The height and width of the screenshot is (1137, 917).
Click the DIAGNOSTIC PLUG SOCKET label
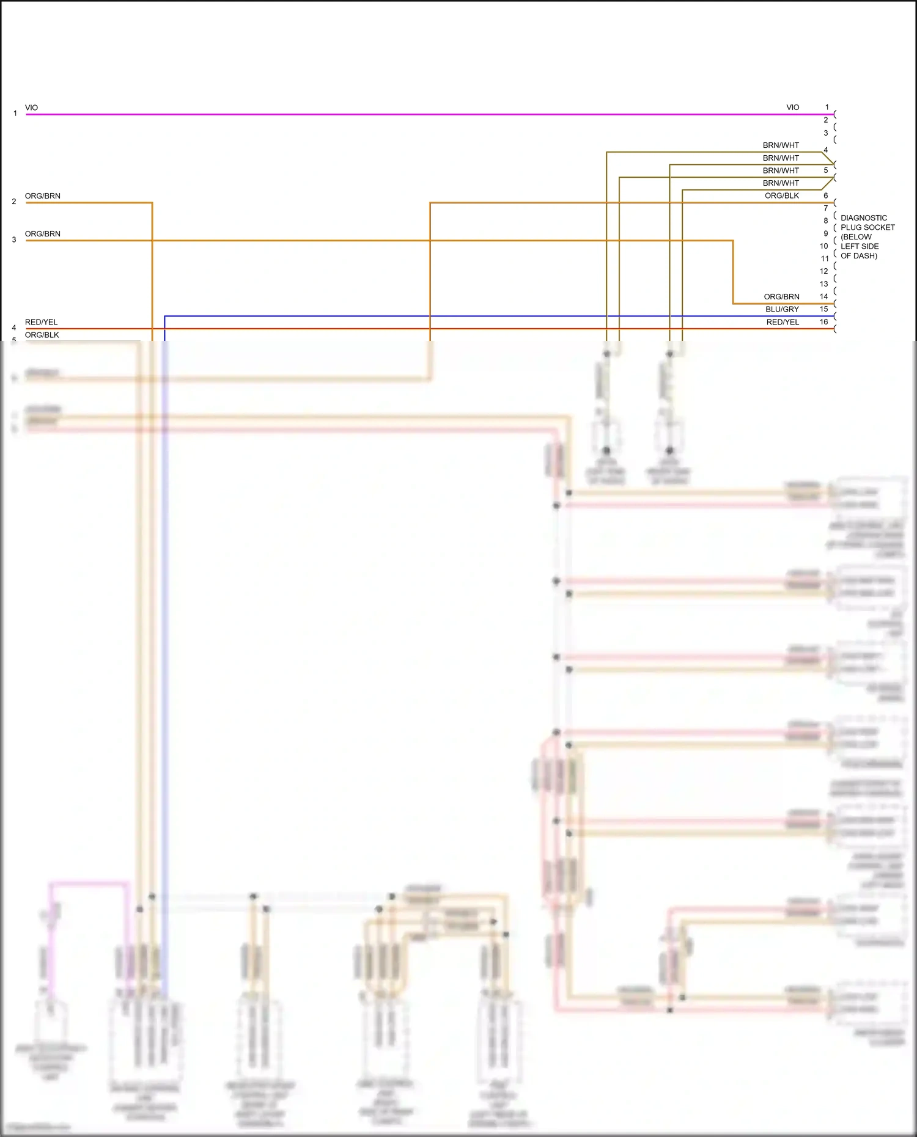[867, 236]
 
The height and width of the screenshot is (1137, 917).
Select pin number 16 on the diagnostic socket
[824, 322]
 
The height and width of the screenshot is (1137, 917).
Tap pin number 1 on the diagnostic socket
[827, 108]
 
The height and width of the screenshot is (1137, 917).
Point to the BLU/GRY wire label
[782, 309]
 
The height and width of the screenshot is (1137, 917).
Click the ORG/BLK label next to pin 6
[782, 196]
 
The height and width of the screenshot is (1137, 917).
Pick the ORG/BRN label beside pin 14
[781, 296]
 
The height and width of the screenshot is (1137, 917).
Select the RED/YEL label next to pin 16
[783, 322]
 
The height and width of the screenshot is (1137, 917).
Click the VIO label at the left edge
[31, 108]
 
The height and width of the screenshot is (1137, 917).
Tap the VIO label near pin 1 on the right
[792, 108]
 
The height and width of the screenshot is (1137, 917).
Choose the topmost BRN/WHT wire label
[781, 145]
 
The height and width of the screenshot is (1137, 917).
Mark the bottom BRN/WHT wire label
[781, 183]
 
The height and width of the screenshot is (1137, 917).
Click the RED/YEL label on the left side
[41, 322]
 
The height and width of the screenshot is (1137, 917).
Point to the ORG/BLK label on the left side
[42, 335]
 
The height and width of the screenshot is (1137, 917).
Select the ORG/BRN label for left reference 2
[43, 196]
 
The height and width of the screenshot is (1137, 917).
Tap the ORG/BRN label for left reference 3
[43, 234]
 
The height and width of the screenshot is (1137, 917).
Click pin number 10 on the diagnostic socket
[824, 246]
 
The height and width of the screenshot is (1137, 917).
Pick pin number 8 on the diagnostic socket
[826, 221]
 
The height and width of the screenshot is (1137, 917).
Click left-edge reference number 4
[14, 328]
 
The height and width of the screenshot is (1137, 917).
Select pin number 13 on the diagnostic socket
[824, 284]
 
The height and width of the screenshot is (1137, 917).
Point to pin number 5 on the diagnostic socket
[826, 170]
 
